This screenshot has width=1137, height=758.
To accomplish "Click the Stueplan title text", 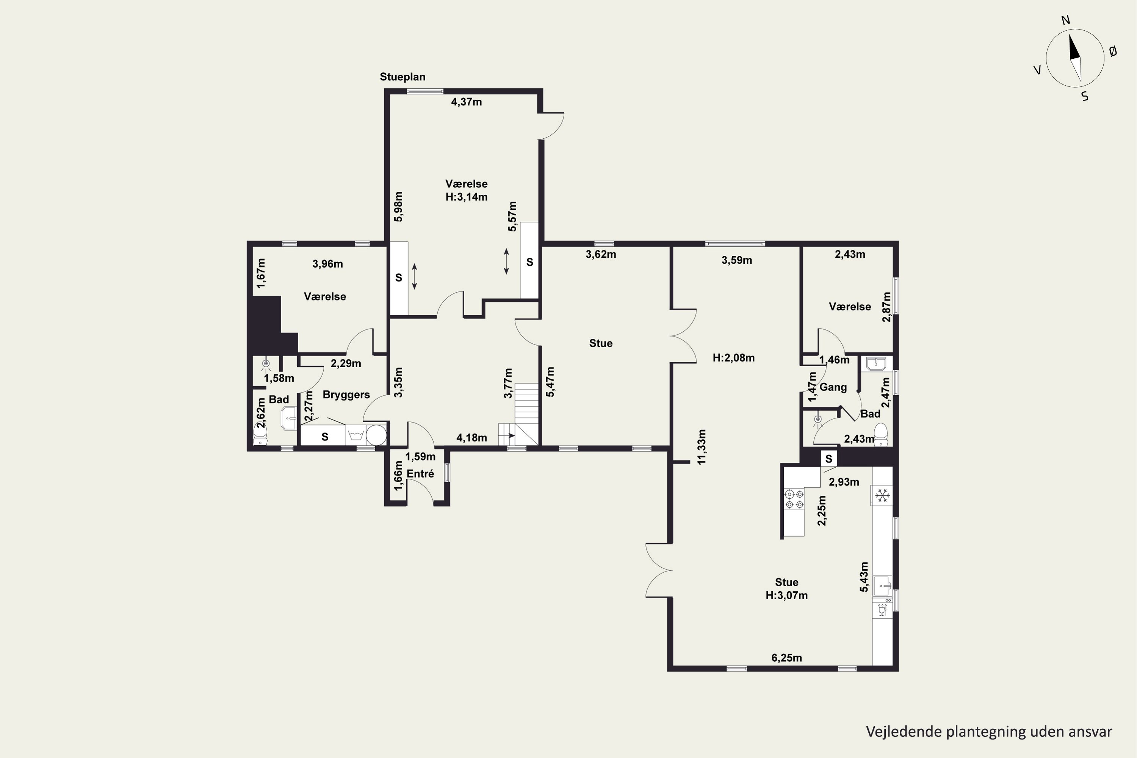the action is (402, 77).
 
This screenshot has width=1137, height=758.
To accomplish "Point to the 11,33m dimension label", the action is (702, 447).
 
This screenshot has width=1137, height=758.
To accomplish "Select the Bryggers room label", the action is (346, 395).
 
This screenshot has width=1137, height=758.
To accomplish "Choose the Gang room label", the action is (833, 387).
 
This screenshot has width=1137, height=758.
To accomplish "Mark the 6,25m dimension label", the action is (786, 658).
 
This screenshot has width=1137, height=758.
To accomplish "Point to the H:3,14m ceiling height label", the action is (466, 197).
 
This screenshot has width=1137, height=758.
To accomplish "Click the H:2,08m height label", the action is (733, 358).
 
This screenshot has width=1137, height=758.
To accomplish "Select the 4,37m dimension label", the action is (467, 102).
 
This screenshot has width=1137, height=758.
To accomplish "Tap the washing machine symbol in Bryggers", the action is (356, 435).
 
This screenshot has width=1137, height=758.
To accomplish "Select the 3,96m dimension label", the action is (327, 264).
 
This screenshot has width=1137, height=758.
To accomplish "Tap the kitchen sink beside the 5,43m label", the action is (882, 586).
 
